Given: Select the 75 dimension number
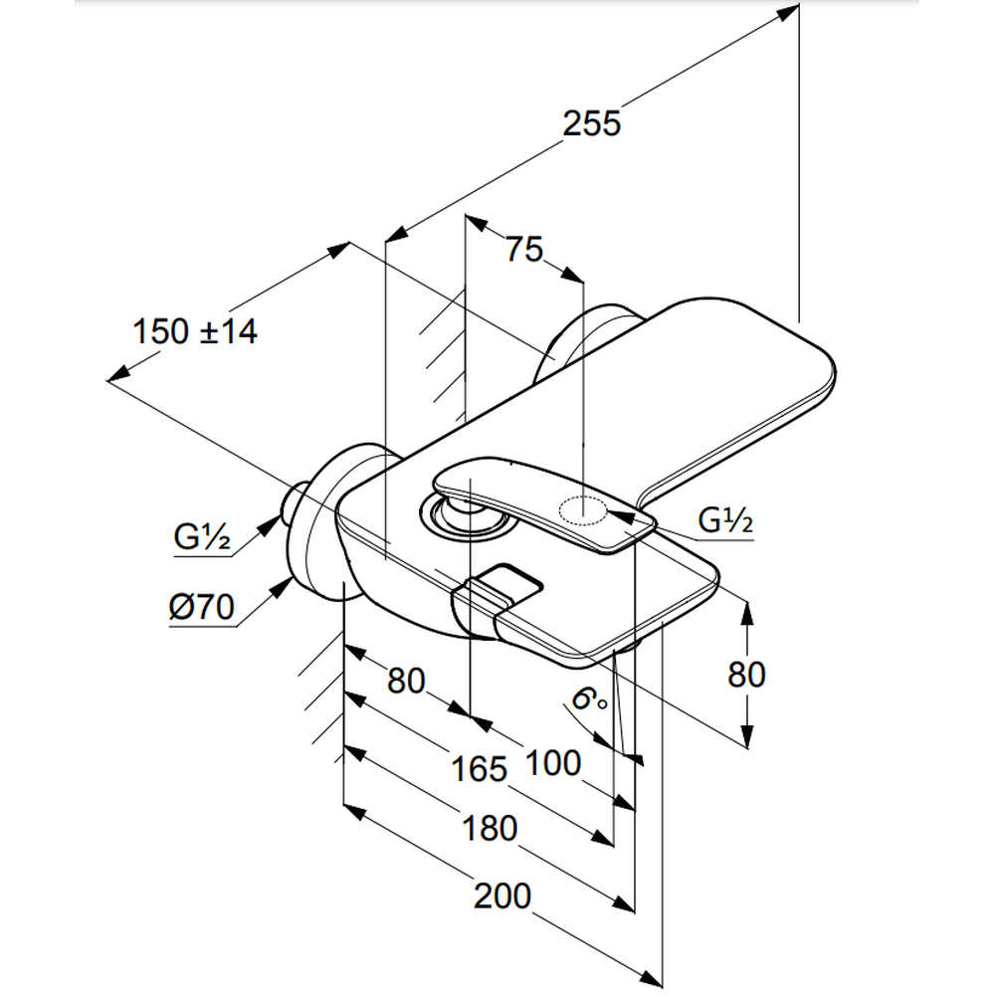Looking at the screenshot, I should click(x=524, y=250).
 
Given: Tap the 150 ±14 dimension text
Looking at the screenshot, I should click(x=195, y=331).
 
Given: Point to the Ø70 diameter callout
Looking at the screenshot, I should click(x=200, y=607).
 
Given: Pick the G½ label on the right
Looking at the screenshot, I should click(x=726, y=520).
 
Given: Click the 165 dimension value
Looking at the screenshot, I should click(x=479, y=768).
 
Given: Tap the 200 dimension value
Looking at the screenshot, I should click(x=501, y=895).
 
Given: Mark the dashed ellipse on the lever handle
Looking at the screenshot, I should click(x=585, y=511).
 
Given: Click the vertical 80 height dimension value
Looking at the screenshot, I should click(x=746, y=675).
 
